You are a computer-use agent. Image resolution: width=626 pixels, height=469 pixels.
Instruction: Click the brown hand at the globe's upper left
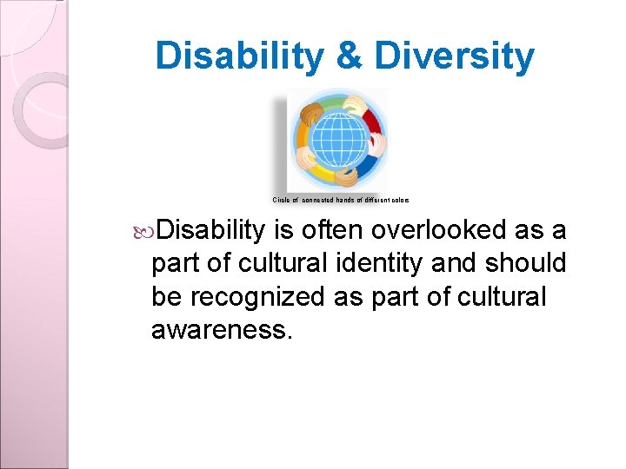point(311,111)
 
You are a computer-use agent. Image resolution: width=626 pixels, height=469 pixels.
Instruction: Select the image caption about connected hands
point(341,200)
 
